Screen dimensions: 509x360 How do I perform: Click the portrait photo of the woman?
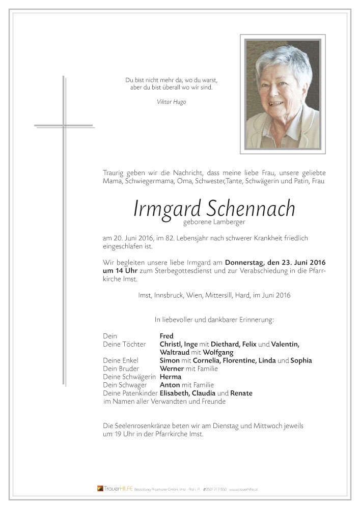[283, 94]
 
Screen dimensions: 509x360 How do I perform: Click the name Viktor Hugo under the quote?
[172, 102]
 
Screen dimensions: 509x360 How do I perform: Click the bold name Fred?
[167, 336]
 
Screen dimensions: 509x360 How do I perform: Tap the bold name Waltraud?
[174, 352]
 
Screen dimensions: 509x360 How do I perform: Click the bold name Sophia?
[301, 360]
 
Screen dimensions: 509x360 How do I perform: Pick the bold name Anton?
[170, 385]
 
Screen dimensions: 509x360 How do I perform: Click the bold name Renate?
[241, 393]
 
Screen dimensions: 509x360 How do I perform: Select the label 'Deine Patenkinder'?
[123, 393]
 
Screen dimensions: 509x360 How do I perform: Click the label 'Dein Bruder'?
[121, 369]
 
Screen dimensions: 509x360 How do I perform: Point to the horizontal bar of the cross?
[64, 125]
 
